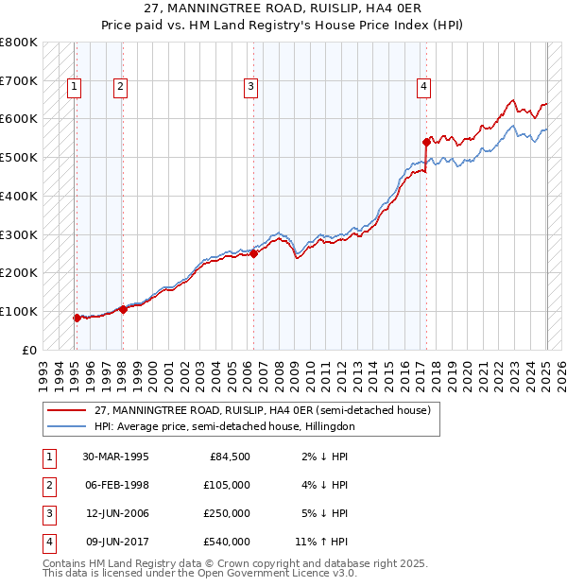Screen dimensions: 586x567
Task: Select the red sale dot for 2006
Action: pos(254,253)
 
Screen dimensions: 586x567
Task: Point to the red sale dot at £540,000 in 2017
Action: pos(426,142)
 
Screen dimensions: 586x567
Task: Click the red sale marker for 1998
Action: pos(123,309)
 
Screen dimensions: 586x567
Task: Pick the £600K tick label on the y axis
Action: pos(19,119)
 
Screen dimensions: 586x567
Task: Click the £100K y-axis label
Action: pos(19,311)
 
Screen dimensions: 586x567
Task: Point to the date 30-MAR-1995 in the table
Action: pos(115,457)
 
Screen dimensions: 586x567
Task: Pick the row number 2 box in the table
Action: pos(48,485)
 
